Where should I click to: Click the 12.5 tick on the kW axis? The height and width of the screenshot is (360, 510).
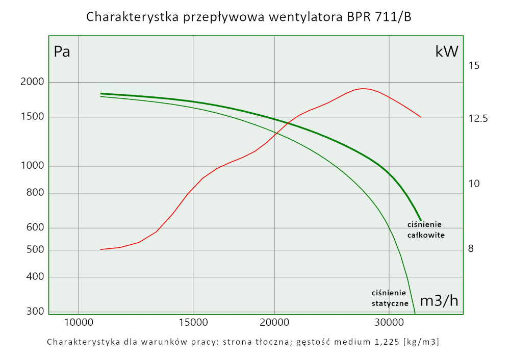(478, 118)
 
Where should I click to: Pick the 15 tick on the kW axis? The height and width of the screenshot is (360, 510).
(474, 65)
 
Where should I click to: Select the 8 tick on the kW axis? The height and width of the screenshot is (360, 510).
(471, 249)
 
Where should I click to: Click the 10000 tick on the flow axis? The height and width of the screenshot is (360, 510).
(78, 322)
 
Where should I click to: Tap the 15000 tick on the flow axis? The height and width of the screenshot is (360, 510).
(193, 322)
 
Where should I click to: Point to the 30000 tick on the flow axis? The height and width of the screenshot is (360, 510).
(389, 322)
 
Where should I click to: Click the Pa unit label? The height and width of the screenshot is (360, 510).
(62, 52)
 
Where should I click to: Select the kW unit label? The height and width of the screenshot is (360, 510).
(447, 51)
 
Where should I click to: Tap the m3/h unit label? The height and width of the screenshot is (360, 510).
(439, 301)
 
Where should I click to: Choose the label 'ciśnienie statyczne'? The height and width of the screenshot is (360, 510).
(390, 298)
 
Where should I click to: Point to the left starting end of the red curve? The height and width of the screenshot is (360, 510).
(100, 249)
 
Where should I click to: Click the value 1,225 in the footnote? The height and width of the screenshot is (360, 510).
(385, 342)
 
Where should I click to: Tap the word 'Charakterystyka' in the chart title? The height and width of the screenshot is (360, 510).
(131, 17)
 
